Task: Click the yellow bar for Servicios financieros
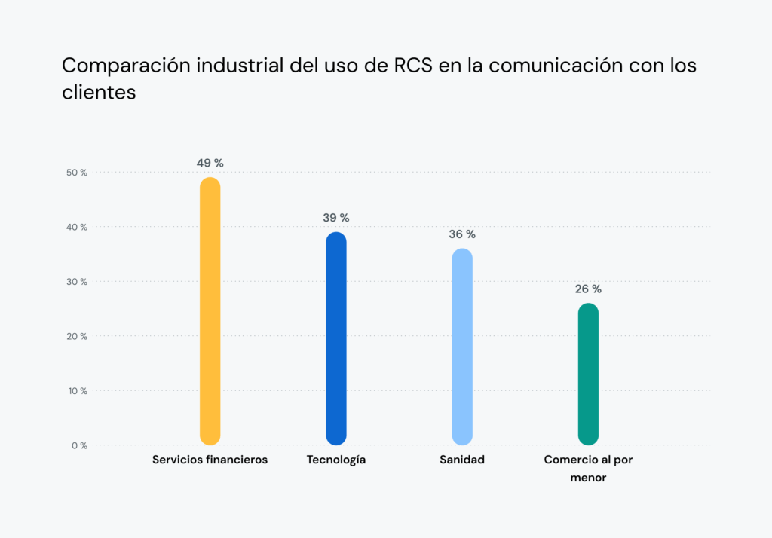[x=210, y=311]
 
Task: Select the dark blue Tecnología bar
[x=336, y=338]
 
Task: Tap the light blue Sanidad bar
[x=462, y=347]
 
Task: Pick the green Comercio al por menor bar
[x=588, y=374]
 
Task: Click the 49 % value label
[x=210, y=163]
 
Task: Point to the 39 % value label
[x=336, y=218]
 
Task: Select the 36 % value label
[x=462, y=234]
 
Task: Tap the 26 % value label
[x=588, y=289]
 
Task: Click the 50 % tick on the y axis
[x=77, y=173]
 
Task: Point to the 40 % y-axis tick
[x=77, y=227]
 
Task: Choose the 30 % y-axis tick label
[x=77, y=282]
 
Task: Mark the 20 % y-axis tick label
[x=77, y=336]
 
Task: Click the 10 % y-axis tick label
[x=77, y=391]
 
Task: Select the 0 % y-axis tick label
[x=79, y=445]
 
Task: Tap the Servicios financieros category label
[x=210, y=460]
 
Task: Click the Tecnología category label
[x=336, y=460]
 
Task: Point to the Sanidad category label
[x=462, y=460]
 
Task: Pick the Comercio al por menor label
[x=588, y=468]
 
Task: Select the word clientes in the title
[x=99, y=92]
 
